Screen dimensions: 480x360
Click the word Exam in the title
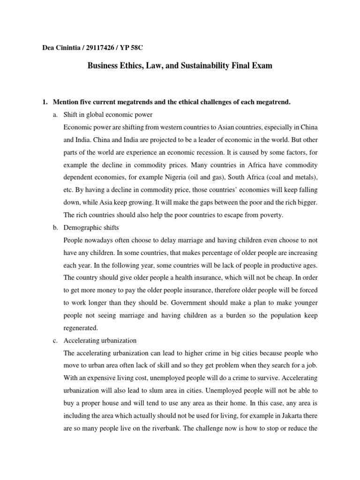[x=261, y=67]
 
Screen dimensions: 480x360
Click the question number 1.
[x=45, y=102]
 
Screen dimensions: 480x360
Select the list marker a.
[x=55, y=115]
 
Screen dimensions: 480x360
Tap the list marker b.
[x=55, y=227]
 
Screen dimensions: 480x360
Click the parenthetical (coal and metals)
[x=299, y=177]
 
